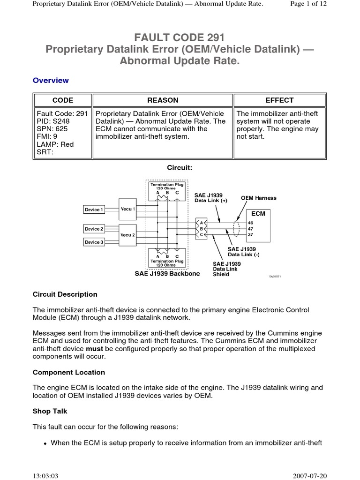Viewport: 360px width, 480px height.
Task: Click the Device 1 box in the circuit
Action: [x=94, y=210]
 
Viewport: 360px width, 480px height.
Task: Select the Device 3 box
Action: [x=94, y=242]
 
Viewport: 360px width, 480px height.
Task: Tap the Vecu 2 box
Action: [x=127, y=235]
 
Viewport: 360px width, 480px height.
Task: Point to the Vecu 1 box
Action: [x=127, y=209]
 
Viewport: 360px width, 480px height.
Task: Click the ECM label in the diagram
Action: [x=258, y=213]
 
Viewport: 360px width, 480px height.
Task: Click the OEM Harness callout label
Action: [x=258, y=198]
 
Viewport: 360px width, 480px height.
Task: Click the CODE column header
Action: [x=62, y=100]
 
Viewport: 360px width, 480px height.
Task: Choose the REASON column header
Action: [x=163, y=100]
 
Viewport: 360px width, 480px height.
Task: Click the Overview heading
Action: [x=51, y=80]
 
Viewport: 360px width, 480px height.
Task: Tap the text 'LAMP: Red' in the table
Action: [x=55, y=144]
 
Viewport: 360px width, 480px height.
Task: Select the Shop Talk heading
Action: [x=50, y=411]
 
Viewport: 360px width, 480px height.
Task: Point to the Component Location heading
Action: [x=69, y=372]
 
